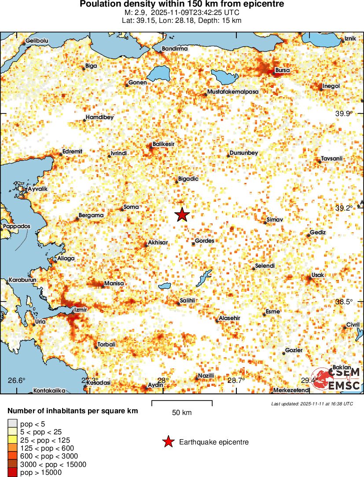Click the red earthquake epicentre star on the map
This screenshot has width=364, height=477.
tap(182, 215)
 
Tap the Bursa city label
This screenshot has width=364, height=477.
tap(282, 70)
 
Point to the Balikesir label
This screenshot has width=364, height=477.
tap(164, 144)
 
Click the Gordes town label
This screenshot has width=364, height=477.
tap(204, 241)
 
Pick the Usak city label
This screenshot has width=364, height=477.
tap(317, 275)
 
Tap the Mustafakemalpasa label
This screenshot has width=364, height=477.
tap(232, 91)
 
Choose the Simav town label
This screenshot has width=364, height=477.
tap(275, 219)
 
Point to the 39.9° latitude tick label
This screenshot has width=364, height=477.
tap(344, 113)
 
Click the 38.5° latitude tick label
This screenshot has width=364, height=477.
tap(344, 302)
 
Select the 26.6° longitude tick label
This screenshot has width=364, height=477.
tap(18, 380)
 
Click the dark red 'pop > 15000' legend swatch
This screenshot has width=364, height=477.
tap(12, 473)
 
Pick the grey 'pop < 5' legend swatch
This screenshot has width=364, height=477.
tap(12, 424)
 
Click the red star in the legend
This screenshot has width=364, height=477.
tap(169, 442)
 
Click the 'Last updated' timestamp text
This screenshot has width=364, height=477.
tap(312, 404)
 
